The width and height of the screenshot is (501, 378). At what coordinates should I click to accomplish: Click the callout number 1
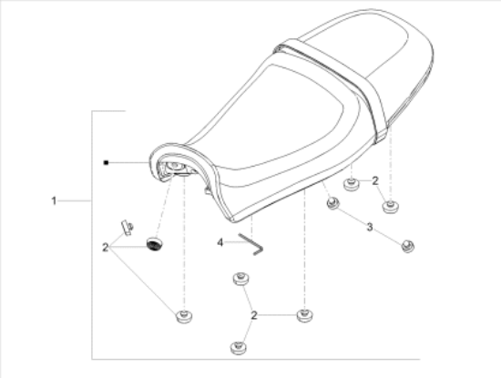tap(54, 201)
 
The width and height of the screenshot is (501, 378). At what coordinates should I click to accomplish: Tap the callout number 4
tap(220, 242)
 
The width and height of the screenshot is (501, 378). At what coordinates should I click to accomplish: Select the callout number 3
tap(370, 227)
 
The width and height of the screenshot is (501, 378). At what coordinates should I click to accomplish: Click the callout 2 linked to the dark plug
tap(106, 248)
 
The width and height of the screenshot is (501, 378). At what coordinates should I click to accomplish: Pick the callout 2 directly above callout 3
tap(375, 181)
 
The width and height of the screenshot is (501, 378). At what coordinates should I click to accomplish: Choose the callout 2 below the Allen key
tap(254, 315)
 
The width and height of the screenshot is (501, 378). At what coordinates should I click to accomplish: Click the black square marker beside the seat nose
tap(106, 163)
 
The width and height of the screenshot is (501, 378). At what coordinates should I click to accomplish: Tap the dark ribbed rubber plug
tap(155, 244)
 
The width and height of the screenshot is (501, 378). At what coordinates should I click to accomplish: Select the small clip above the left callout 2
tap(127, 228)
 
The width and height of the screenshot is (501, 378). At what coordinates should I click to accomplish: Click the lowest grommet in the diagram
tap(239, 348)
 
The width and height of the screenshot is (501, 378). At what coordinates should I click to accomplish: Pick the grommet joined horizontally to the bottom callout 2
tap(305, 316)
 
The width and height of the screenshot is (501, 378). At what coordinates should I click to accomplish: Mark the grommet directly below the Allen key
tap(240, 279)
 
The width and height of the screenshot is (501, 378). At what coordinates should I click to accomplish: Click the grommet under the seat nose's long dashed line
tap(184, 316)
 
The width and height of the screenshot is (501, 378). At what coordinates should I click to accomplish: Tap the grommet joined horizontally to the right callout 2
tap(351, 185)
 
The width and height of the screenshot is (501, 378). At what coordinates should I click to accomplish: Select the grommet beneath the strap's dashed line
tap(391, 207)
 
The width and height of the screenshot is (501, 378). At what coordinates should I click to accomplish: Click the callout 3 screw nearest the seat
tap(332, 203)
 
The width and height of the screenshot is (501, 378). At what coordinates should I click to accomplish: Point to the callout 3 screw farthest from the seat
tap(408, 246)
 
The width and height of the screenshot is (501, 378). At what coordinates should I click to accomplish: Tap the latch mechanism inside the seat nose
tap(174, 169)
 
